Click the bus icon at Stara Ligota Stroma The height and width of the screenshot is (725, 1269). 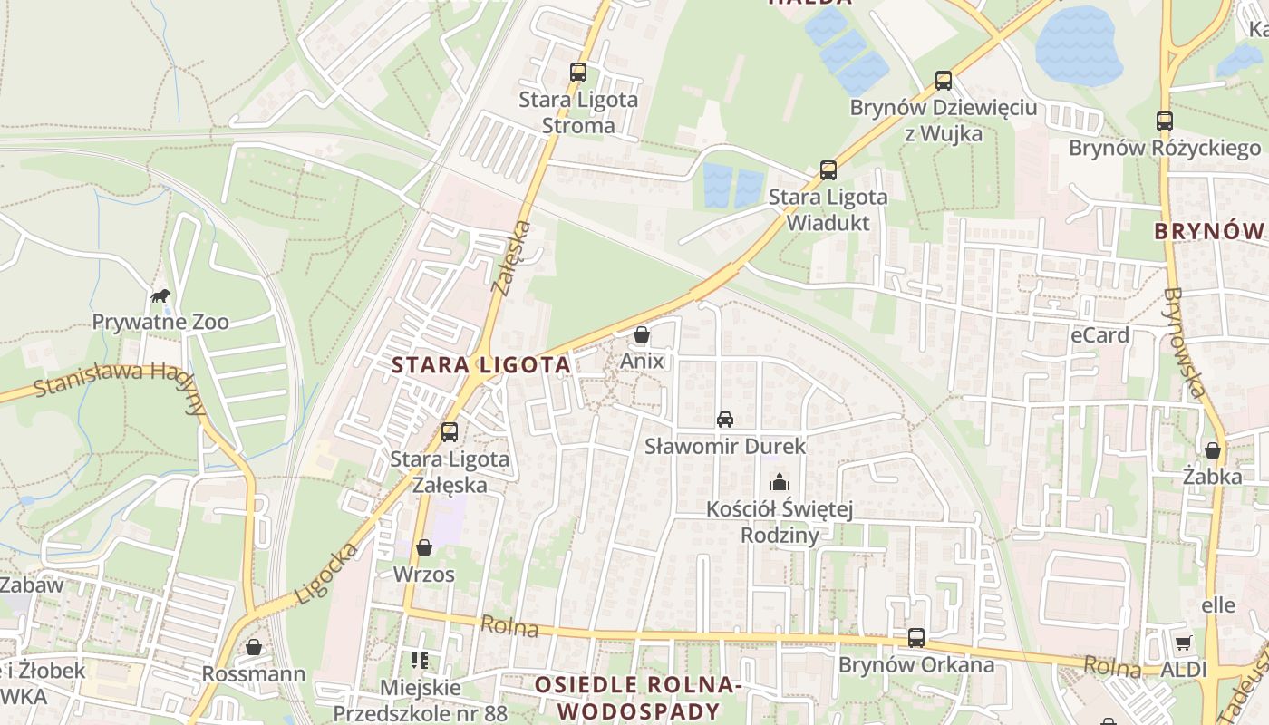click(x=578, y=72)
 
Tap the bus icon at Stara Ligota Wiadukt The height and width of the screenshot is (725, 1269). click(x=828, y=169)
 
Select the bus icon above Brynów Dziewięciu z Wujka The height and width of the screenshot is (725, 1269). click(x=943, y=81)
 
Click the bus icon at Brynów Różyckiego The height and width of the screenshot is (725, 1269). click(x=1164, y=121)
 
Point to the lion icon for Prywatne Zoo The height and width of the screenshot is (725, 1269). click(x=160, y=295)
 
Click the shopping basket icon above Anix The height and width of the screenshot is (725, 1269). click(x=642, y=334)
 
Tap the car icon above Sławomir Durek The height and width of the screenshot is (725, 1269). click(x=724, y=420)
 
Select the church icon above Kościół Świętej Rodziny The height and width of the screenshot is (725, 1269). click(x=779, y=482)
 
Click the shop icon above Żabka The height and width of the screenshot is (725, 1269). click(x=1213, y=449)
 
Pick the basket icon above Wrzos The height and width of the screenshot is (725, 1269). click(x=423, y=547)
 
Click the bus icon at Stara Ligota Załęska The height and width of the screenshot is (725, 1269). click(x=449, y=432)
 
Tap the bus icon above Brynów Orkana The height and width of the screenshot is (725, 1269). click(x=916, y=637)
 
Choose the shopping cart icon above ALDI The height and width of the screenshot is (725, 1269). click(x=1183, y=643)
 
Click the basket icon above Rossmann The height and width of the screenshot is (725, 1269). click(x=254, y=647)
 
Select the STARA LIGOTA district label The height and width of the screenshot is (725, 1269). click(x=481, y=365)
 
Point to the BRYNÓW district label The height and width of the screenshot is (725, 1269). click(x=1209, y=231)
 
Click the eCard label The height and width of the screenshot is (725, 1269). click(x=1099, y=335)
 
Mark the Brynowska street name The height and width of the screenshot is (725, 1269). click(x=1186, y=343)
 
